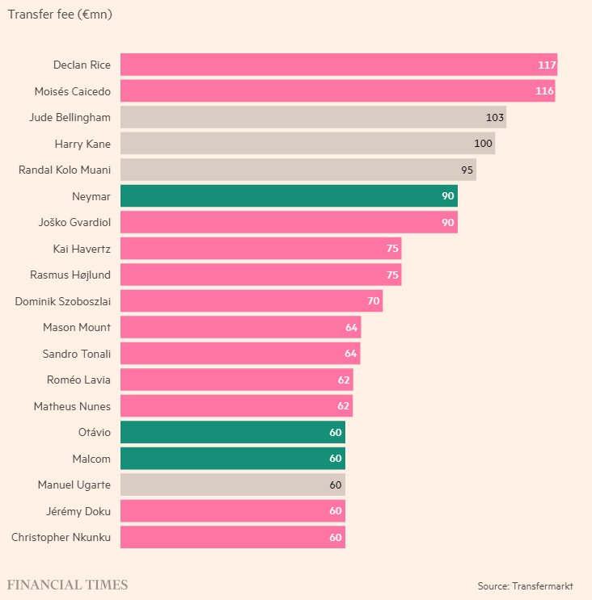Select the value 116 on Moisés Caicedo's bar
544,91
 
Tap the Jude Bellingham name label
70,117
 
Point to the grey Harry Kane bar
307,144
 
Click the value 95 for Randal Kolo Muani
467,170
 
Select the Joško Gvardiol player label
74,222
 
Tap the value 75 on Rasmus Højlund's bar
392,275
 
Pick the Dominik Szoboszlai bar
251,301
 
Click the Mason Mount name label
77,327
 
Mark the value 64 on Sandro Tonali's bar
351,354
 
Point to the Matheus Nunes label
72,406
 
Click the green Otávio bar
233,432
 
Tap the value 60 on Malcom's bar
336,459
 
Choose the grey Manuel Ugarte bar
233,485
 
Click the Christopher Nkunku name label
61,537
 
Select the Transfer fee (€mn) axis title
59,14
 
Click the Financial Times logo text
67,585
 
